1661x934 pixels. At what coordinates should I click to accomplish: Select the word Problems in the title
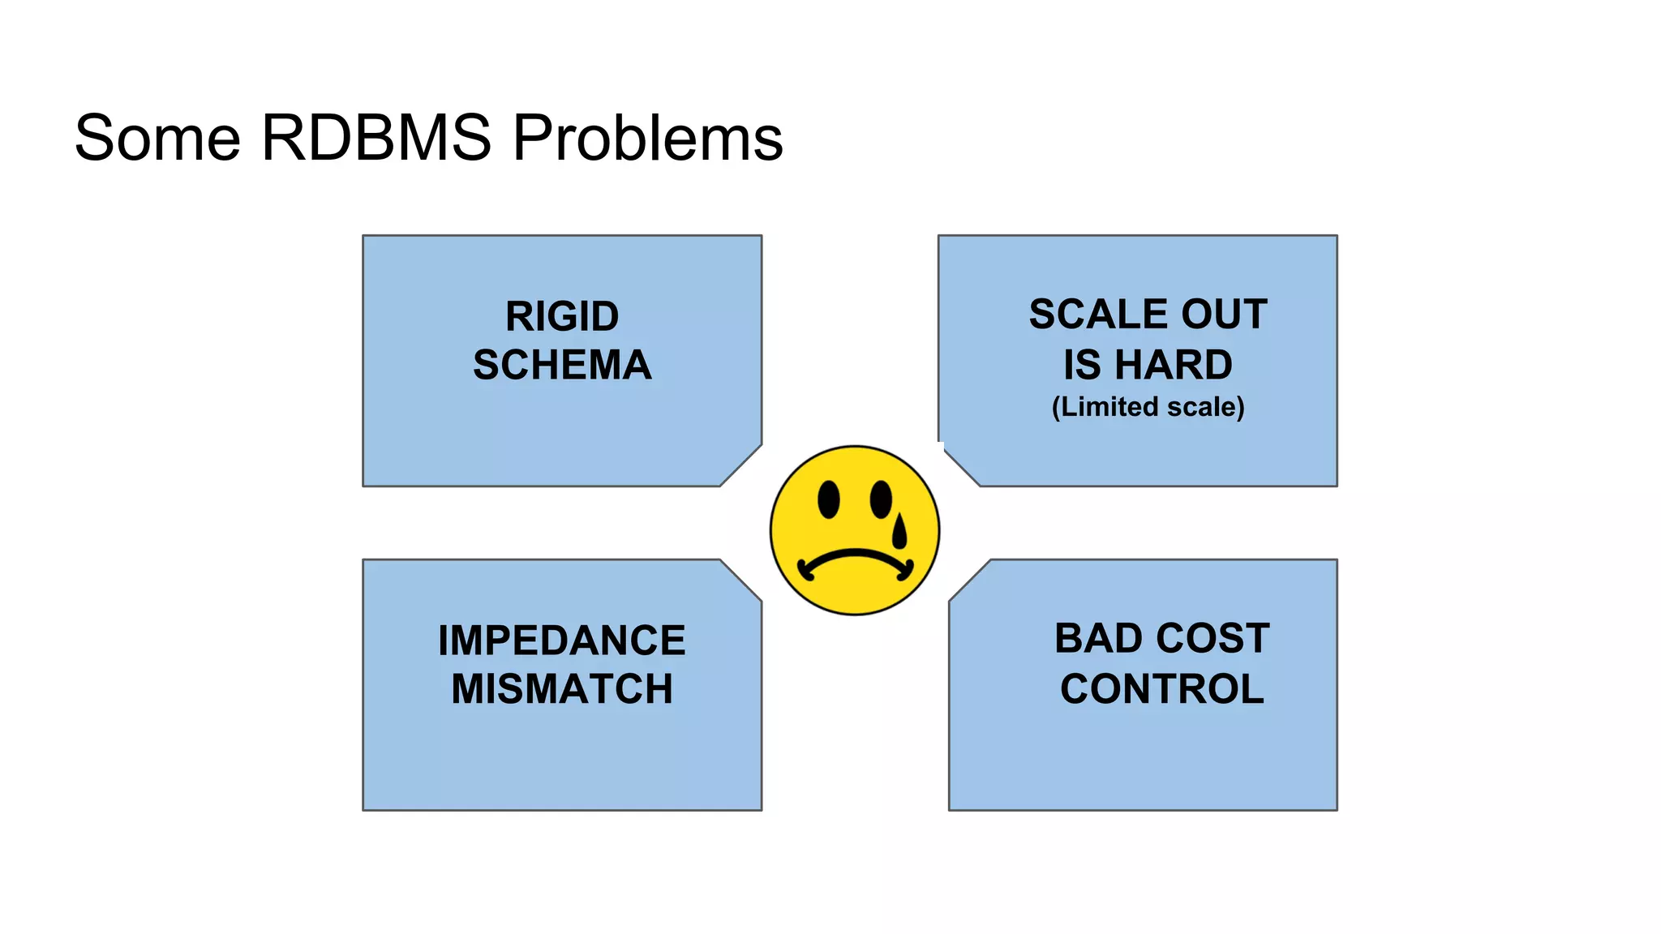tap(647, 138)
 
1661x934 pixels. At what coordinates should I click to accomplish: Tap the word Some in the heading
tap(157, 138)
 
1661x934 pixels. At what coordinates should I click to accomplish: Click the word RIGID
tap(562, 317)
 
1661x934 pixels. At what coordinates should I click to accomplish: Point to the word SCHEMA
tap(562, 366)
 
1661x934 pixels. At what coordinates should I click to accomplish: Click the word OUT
tap(1224, 315)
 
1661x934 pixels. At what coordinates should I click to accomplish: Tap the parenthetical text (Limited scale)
tap(1148, 407)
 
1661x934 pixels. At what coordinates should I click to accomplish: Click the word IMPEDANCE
tap(562, 641)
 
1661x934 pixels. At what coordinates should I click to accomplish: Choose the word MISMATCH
tap(562, 690)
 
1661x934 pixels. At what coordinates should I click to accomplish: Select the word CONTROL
tap(1161, 690)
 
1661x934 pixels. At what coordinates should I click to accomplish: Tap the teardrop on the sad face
tap(899, 531)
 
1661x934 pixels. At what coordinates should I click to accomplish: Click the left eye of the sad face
tap(828, 499)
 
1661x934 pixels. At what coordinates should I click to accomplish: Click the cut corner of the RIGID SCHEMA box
tap(741, 466)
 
